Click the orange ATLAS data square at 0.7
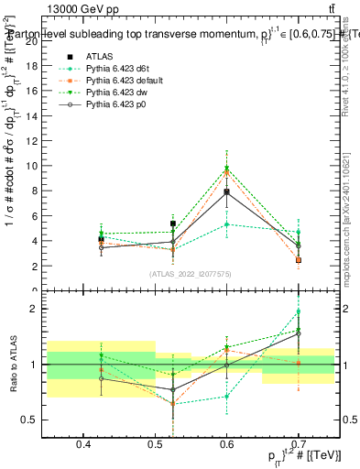(299, 260)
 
